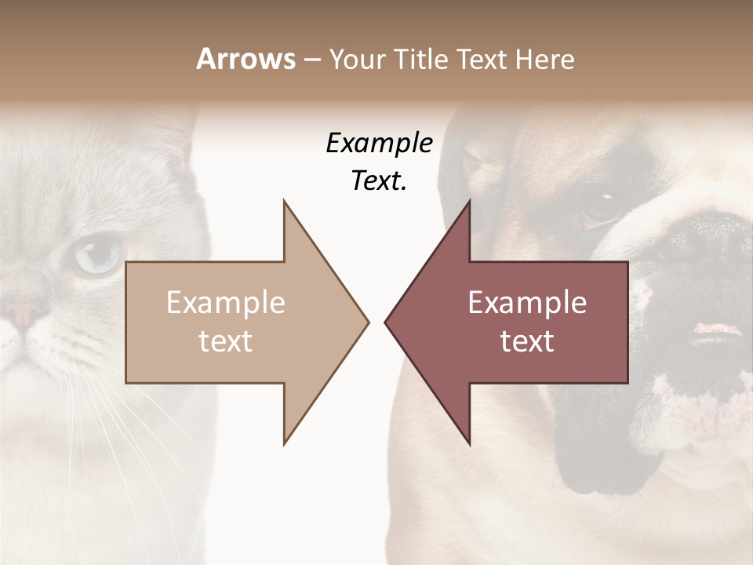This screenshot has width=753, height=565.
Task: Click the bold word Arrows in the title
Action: click(246, 59)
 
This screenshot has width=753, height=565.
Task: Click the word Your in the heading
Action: click(357, 59)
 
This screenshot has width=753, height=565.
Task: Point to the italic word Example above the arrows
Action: click(379, 144)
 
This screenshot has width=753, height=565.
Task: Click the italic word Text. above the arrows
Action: click(379, 181)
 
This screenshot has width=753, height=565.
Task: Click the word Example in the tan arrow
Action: click(226, 303)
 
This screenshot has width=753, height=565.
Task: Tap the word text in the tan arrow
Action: click(226, 341)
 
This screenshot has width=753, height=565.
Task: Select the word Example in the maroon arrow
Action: click(527, 303)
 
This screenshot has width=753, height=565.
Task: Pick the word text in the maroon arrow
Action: click(527, 341)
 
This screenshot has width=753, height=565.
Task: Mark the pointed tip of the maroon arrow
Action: click(386, 322)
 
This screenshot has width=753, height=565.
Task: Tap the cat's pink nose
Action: click(24, 314)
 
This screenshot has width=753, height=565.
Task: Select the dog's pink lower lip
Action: click(718, 330)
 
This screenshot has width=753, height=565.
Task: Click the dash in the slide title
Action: click(311, 60)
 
